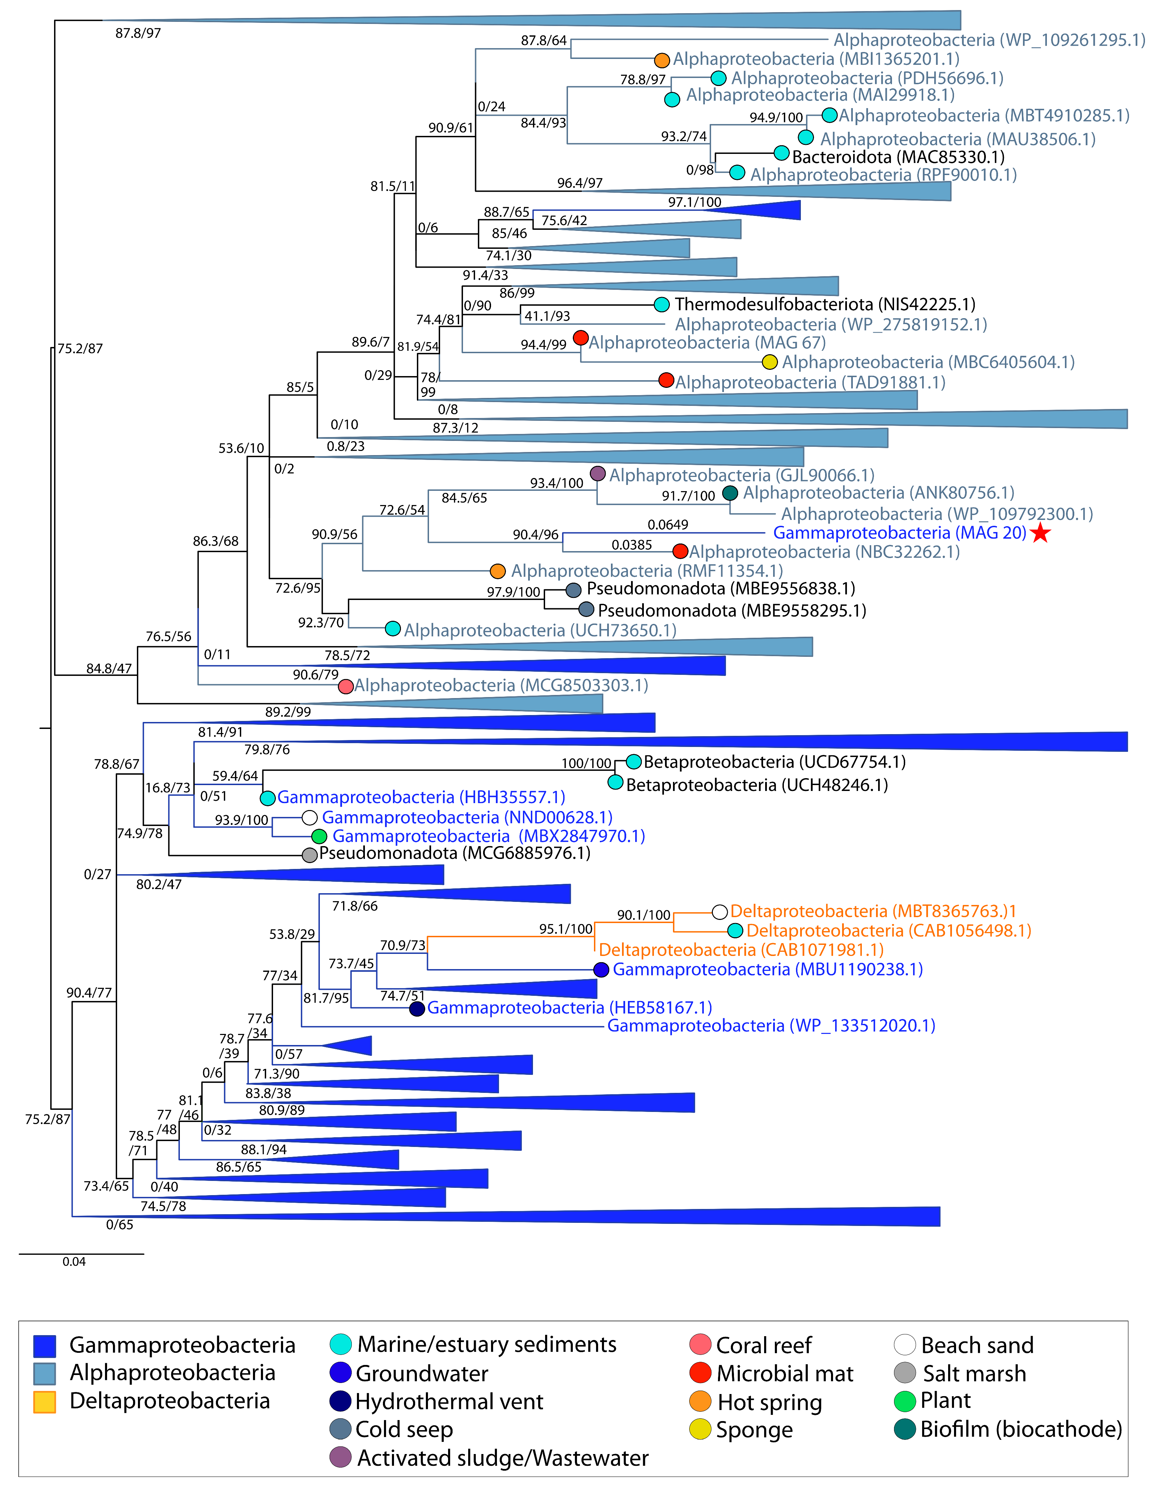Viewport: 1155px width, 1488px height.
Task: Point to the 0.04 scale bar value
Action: click(74, 1262)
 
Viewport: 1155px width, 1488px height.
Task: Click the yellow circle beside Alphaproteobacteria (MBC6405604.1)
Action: click(770, 362)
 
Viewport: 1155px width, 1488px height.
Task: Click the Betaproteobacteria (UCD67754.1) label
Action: click(774, 762)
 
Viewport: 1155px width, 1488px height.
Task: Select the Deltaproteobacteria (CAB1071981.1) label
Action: click(741, 950)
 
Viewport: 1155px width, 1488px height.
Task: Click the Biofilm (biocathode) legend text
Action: click(1021, 1429)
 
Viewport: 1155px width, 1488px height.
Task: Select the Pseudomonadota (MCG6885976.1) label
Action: click(454, 853)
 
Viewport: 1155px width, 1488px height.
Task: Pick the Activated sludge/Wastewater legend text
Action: click(502, 1458)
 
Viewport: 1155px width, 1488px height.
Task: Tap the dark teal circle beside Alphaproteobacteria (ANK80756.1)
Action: click(730, 493)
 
